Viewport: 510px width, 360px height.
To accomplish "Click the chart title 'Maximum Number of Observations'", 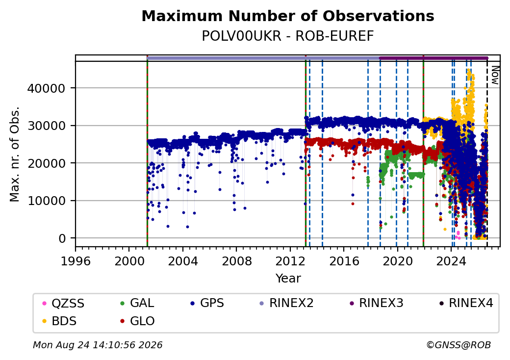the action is click(288, 16).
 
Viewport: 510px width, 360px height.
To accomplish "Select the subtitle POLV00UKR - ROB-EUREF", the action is click(288, 36).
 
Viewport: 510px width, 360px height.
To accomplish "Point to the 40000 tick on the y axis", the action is click(47, 88).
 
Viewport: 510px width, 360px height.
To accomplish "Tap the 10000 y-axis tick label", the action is click(47, 201).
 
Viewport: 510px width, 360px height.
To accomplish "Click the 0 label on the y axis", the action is click(62, 238).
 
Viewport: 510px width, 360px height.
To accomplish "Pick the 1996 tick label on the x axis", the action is click(76, 261).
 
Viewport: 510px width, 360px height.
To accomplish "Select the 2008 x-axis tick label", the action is click(236, 261).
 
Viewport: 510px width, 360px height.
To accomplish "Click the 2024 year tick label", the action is click(451, 261).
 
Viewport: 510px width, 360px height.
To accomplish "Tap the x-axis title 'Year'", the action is click(288, 279).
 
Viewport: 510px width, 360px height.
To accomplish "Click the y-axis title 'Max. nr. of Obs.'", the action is click(15, 154).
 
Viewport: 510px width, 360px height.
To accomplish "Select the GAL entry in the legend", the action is click(137, 303).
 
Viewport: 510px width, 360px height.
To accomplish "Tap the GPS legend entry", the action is click(207, 303).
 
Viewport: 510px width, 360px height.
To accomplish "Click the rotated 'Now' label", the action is click(495, 75).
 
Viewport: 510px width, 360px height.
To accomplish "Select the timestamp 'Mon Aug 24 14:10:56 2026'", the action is click(98, 345).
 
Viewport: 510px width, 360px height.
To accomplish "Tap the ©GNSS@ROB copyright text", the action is click(459, 345).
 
